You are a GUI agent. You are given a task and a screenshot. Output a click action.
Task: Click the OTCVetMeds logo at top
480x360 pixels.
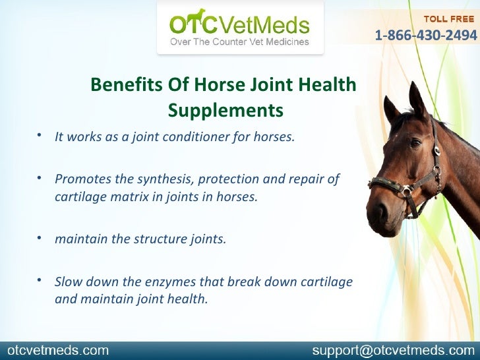pyautogui.click(x=239, y=26)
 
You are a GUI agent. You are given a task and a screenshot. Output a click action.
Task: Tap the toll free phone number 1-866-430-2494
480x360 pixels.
pyautogui.click(x=427, y=34)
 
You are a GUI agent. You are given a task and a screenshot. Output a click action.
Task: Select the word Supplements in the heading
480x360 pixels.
pyautogui.click(x=225, y=109)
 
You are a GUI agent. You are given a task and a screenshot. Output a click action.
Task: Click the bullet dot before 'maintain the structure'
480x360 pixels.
pyautogui.click(x=40, y=237)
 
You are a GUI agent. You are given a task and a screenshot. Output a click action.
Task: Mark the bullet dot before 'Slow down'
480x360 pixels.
pyautogui.click(x=40, y=280)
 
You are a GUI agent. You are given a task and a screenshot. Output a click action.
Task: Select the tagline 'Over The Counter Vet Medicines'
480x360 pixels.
pyautogui.click(x=239, y=42)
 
